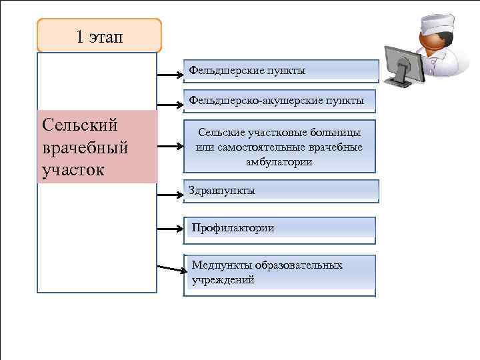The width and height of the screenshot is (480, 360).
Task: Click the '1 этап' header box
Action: pyautogui.click(x=99, y=35)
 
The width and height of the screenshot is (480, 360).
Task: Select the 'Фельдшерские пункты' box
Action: pyautogui.click(x=281, y=71)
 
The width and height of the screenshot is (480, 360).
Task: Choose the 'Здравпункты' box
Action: pyautogui.click(x=281, y=191)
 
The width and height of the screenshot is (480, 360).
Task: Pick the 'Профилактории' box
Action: pyautogui.click(x=281, y=228)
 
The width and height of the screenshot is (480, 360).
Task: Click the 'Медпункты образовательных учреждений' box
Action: pyautogui.click(x=281, y=274)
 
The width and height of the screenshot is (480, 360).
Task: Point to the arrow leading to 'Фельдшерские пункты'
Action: pyautogui.click(x=170, y=74)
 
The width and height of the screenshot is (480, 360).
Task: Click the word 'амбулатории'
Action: pyautogui.click(x=279, y=162)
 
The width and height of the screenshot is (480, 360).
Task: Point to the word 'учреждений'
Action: pyautogui.click(x=223, y=281)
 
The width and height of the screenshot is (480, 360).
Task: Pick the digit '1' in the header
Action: pyautogui.click(x=79, y=36)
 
